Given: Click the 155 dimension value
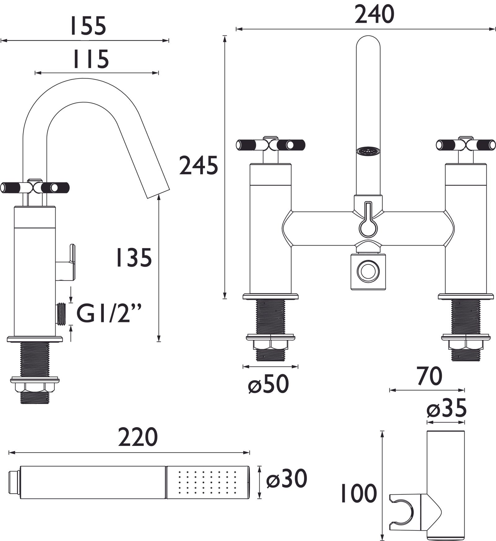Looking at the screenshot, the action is pyautogui.click(x=88, y=26).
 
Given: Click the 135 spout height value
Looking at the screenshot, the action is pyautogui.click(x=134, y=257).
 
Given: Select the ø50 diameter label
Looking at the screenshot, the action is pyautogui.click(x=268, y=384).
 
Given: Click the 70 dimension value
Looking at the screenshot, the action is pyautogui.click(x=429, y=376).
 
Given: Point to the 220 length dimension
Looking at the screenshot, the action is pyautogui.click(x=138, y=437).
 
